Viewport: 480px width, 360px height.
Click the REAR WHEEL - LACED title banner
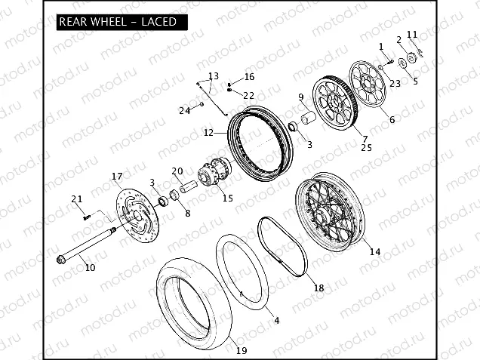click(122, 22)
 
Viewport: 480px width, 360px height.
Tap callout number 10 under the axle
click(90, 268)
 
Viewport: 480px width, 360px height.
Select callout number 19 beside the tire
click(242, 350)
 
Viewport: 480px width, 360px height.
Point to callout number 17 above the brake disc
click(117, 177)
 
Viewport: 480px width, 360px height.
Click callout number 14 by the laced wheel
click(375, 251)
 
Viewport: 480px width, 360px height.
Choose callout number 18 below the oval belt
click(318, 288)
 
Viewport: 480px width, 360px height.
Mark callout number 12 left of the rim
click(208, 133)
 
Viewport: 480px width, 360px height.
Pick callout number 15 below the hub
click(228, 198)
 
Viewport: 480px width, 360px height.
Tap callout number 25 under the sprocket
click(366, 148)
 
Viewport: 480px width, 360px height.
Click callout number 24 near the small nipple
click(185, 110)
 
